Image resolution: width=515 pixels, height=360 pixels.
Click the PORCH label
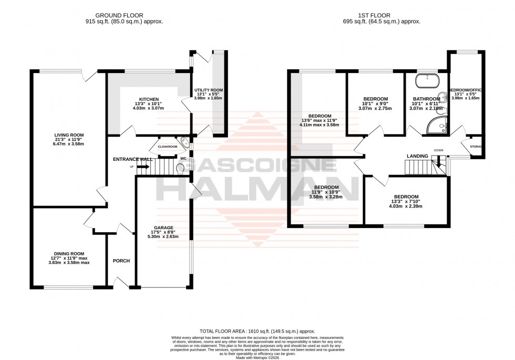click(121, 261)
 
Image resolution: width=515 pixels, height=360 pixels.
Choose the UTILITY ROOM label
click(209, 90)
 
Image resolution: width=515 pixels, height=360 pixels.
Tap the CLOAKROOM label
click(167, 147)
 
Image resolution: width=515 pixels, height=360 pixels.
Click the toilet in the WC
click(181, 168)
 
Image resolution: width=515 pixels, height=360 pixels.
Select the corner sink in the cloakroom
click(183, 141)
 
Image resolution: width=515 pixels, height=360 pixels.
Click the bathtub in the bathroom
click(426, 81)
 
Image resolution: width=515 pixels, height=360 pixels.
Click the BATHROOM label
click(426, 99)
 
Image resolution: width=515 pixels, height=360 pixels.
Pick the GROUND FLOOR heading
click(124, 16)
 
